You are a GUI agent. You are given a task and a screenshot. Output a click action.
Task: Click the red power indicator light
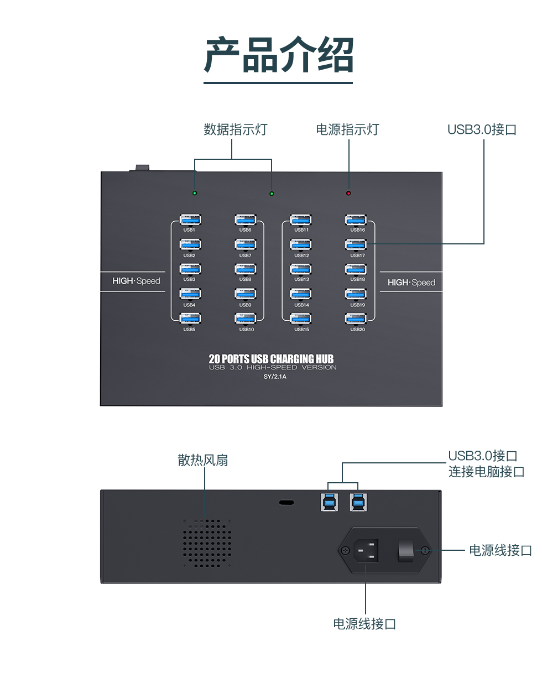coord(348,193)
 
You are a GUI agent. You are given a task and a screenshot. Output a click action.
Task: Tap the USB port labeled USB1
coord(190,220)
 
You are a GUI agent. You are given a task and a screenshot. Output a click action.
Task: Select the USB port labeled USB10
coord(245,319)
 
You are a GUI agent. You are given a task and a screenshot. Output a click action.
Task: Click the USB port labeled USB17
coord(356,244)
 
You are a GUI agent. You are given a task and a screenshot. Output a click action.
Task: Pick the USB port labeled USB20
coord(356,319)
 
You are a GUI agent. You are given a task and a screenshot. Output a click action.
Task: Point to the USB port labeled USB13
coord(301,269)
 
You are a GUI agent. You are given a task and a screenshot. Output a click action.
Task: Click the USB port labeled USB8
coord(245,269)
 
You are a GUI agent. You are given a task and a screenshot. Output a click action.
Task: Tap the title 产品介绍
coord(278,55)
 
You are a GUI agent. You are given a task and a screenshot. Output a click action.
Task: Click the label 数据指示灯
coord(235,129)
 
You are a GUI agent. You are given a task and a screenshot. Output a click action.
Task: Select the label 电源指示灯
coord(347,129)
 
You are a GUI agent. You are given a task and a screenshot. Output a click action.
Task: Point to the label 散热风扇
coord(202,460)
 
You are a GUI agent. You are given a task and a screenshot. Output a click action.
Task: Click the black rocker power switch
coord(406,550)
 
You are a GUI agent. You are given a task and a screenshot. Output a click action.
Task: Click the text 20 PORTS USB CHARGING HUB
coord(271,359)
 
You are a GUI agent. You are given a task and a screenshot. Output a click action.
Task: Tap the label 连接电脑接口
coord(486,472)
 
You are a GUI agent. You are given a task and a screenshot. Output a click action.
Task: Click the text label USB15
coord(301,330)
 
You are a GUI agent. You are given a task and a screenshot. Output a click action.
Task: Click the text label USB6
coord(245,230)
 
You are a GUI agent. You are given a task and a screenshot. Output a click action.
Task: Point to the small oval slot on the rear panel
coord(286,503)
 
